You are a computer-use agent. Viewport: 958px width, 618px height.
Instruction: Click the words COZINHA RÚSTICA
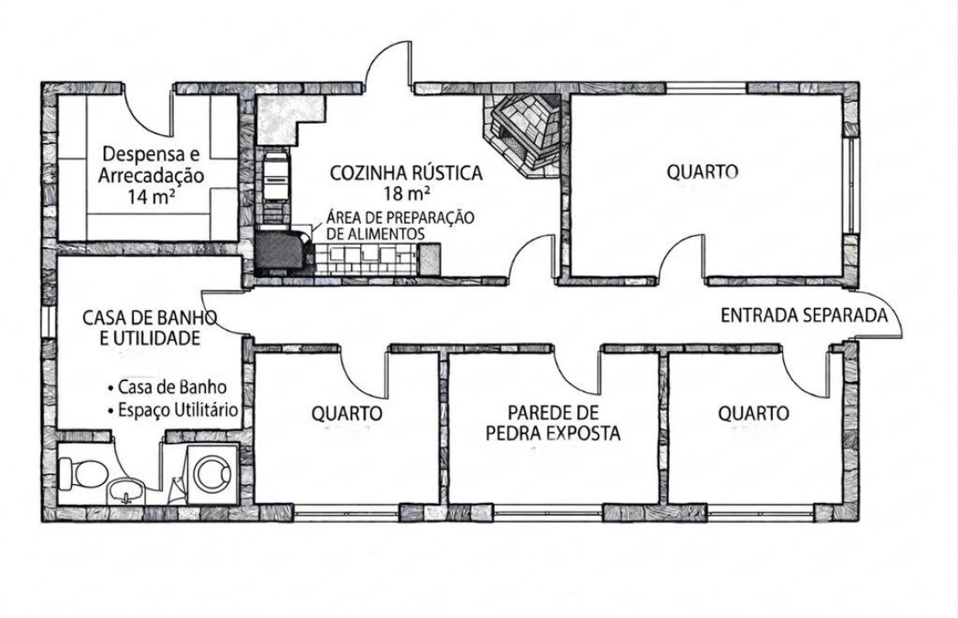407,173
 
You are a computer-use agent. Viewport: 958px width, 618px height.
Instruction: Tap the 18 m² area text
407,192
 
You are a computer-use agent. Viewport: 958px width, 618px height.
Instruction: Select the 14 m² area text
151,197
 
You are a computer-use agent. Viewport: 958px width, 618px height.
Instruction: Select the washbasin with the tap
125,490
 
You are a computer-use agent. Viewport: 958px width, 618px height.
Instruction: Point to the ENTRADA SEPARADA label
804,315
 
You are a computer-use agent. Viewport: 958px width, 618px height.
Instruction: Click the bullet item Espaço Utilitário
173,411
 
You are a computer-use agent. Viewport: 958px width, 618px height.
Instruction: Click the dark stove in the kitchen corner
280,250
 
